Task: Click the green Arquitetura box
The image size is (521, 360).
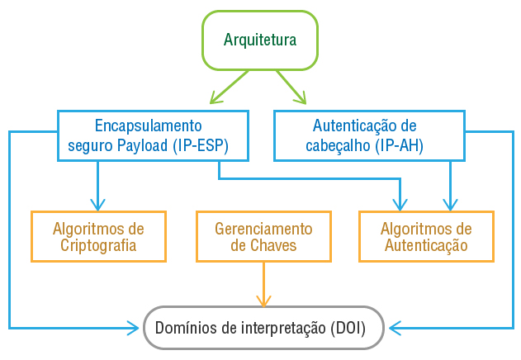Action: [x=259, y=40]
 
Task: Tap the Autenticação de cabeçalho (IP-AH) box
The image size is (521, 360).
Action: [x=364, y=136]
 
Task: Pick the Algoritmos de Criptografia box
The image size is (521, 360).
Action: [x=98, y=237]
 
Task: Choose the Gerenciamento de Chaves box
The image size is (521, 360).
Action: [x=263, y=237]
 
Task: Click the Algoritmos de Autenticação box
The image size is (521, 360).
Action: [x=426, y=237]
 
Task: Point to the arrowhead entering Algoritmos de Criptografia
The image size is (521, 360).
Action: [x=98, y=205]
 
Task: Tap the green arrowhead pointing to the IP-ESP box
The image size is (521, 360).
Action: [x=216, y=98]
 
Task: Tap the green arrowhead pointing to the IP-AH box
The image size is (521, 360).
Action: [x=301, y=98]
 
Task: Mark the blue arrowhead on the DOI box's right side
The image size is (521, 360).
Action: [x=395, y=328]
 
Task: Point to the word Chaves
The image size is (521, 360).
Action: [x=263, y=246]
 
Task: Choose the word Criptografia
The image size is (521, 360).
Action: [x=98, y=246]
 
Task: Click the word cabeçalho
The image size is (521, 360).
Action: [x=339, y=147]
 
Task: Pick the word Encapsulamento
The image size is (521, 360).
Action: [x=148, y=126]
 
